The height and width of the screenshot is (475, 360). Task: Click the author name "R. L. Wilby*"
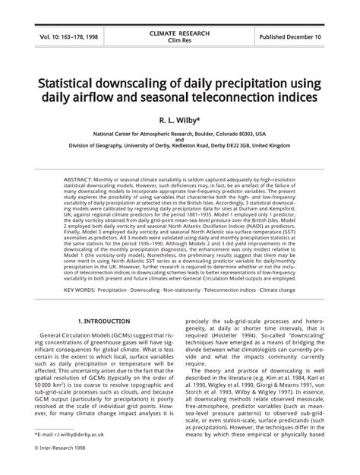point(179,120)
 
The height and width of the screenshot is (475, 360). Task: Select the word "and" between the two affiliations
point(179,140)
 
